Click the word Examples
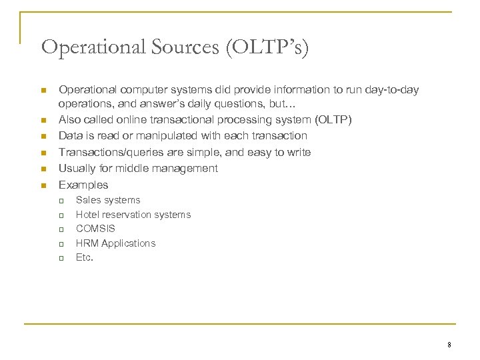click(x=83, y=185)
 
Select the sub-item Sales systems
click(x=108, y=200)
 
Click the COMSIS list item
click(x=95, y=229)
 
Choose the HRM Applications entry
click(x=115, y=243)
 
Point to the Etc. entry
click(x=85, y=257)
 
